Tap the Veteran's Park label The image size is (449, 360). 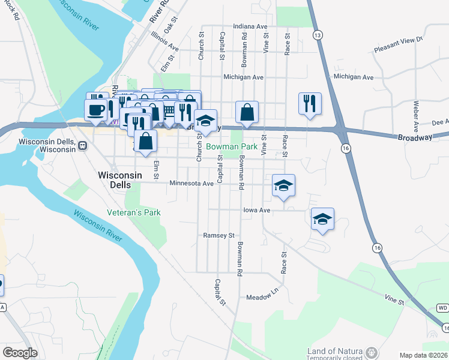click(134, 212)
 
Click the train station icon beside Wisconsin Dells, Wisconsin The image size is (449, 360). click(82, 145)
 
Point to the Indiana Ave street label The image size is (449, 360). click(250, 27)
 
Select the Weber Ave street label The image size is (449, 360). click(415, 116)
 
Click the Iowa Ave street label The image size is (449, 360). click(257, 210)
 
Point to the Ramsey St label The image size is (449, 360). click(218, 236)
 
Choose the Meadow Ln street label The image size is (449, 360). click(263, 297)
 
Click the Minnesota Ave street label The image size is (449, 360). click(191, 184)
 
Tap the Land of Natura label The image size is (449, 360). click(334, 351)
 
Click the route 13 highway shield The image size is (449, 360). click(316, 36)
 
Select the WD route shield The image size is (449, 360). click(443, 308)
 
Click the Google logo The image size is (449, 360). click(20, 352)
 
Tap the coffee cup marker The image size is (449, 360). click(97, 109)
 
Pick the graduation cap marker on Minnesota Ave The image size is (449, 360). click(283, 184)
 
